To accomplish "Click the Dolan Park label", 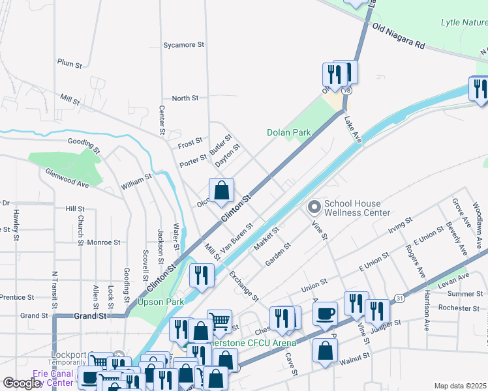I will (x=288, y=132).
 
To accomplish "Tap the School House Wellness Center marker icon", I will (x=314, y=208).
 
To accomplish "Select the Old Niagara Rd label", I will (x=399, y=36).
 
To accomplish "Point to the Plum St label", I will (x=69, y=65).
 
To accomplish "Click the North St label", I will (x=185, y=98).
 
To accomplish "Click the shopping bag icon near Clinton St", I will (x=222, y=191).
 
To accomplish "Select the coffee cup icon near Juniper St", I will (x=325, y=314).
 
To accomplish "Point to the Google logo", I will (x=22, y=383).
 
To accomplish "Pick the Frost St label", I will (x=190, y=141).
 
